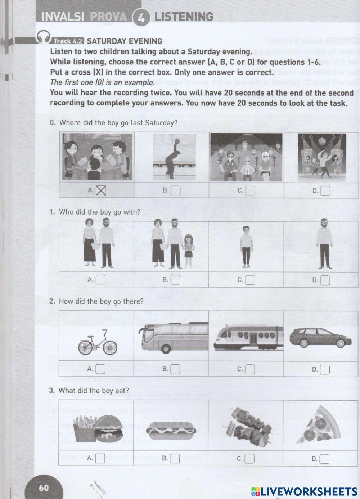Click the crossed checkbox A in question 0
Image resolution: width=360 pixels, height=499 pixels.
(101, 190)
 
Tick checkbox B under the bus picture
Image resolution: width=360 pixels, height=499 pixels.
(175, 369)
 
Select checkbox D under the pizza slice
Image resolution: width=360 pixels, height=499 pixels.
(324, 458)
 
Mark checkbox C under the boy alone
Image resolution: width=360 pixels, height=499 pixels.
(250, 280)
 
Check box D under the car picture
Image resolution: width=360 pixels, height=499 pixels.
(325, 369)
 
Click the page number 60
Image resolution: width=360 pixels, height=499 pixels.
(44, 487)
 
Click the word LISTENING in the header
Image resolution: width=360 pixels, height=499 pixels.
(184, 17)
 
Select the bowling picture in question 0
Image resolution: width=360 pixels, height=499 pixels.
(172, 157)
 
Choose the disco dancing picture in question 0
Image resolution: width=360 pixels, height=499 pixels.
(322, 157)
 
